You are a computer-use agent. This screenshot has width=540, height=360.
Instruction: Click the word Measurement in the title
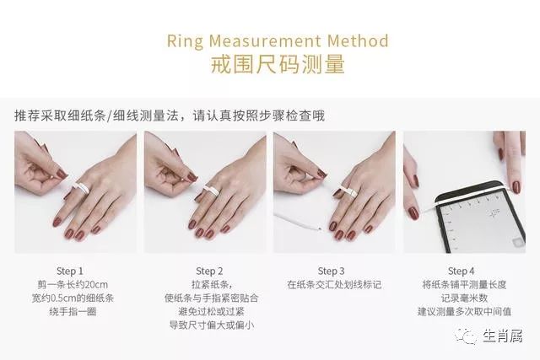coord(264,40)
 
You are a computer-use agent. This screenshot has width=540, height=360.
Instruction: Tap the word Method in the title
coord(358,40)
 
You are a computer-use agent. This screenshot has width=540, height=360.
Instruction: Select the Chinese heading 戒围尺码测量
coord(278,64)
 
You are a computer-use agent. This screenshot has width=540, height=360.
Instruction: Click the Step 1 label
coord(70,271)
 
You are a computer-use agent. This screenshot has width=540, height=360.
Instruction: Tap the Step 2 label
coord(209,271)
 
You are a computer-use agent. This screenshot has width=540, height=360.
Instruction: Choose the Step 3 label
coord(331,271)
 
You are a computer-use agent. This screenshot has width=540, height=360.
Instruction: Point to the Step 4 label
coord(462,271)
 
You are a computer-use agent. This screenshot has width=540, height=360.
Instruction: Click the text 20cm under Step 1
coord(96,285)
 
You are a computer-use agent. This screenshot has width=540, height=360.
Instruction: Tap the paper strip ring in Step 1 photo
coord(81,188)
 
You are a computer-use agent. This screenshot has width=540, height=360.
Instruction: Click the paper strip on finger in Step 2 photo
coord(211,190)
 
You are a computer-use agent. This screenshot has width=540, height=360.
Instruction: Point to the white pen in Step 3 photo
coord(298,221)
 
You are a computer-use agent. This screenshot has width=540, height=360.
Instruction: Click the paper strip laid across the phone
coord(471,198)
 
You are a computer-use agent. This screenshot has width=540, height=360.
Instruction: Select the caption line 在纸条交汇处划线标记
coord(334,285)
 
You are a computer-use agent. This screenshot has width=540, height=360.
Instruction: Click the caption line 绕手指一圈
coord(73,312)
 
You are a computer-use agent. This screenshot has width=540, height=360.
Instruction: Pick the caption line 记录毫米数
coord(464,298)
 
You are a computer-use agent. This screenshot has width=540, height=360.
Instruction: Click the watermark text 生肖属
coord(503,336)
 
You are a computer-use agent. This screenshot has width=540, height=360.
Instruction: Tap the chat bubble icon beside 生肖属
coord(467,336)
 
